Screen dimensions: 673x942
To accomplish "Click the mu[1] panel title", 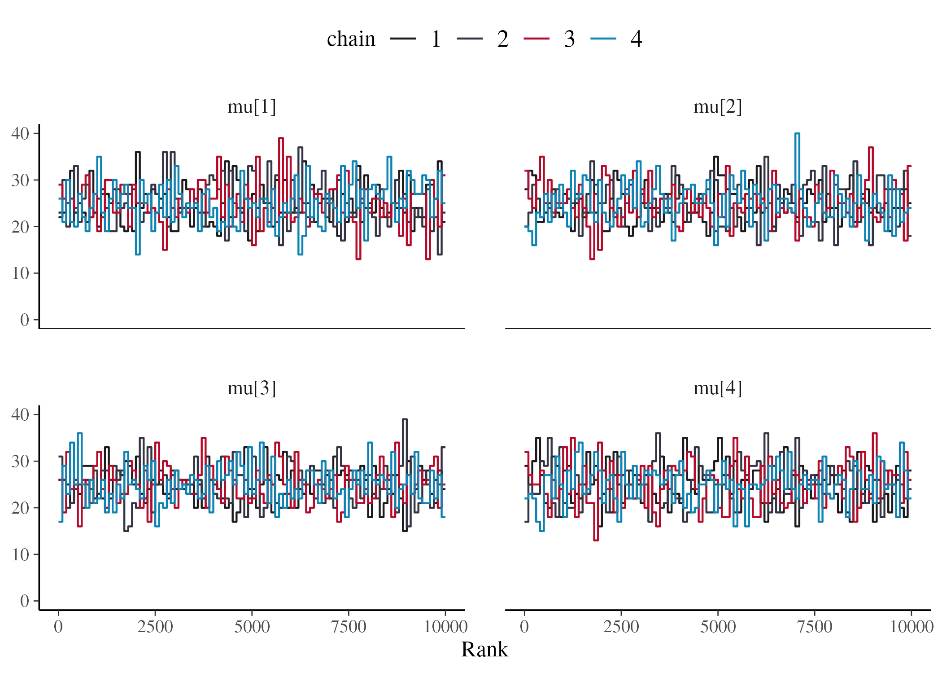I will click(251, 107).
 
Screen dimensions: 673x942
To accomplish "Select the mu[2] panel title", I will click(717, 107).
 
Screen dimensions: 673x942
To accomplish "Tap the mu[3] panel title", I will click(251, 388).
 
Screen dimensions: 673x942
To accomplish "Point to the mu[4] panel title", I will click(717, 388).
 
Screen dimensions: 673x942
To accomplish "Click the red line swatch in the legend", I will click(536, 39).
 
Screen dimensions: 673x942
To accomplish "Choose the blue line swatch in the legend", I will click(603, 39).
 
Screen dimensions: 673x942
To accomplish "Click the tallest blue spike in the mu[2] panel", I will click(797, 134).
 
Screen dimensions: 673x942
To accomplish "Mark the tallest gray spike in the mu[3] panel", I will click(405, 420).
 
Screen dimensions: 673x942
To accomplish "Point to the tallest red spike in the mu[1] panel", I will click(281, 139).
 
